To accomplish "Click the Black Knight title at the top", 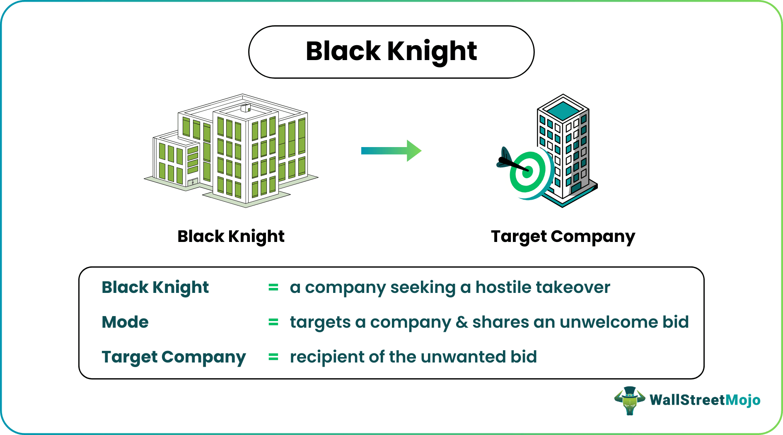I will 391,51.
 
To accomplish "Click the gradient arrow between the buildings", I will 391,151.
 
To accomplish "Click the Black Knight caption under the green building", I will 231,237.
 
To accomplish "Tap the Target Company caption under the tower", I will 563,237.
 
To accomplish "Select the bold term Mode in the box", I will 125,322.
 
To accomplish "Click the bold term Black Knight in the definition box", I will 155,288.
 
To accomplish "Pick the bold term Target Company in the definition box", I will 174,357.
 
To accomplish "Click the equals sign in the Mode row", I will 273,322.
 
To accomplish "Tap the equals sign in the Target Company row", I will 273,357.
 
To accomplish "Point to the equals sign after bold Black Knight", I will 273,288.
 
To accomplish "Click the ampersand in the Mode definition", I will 462,322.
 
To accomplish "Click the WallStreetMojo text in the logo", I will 705,400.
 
